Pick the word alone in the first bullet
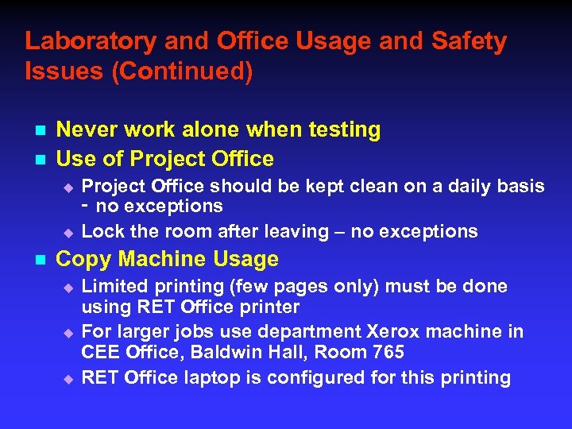(x=232, y=129)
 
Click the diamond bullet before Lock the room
(x=68, y=233)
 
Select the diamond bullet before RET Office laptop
(x=68, y=378)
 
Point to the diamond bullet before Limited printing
(x=68, y=287)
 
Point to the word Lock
(x=102, y=232)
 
